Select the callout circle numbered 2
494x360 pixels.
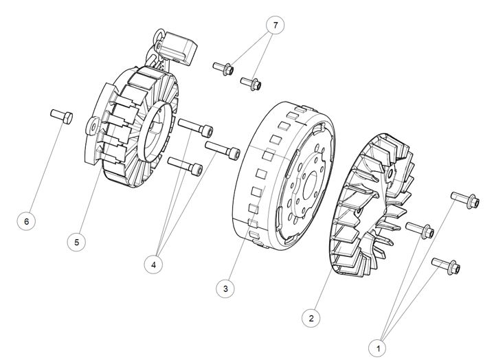tap(311, 318)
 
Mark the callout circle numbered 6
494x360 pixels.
tap(26, 221)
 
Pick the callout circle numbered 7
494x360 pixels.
tap(276, 25)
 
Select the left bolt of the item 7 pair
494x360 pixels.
tap(224, 68)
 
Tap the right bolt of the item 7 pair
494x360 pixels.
tap(250, 84)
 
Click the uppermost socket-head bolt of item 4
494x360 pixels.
tap(197, 127)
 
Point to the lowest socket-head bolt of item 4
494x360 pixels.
tap(186, 166)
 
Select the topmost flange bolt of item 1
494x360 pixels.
tap(462, 199)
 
